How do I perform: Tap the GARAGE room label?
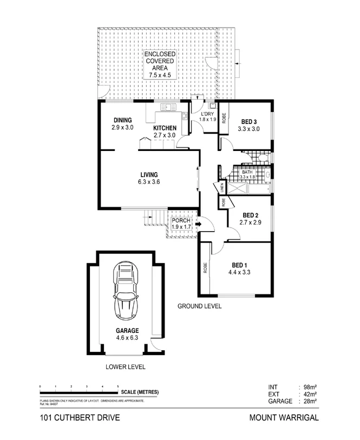[x=127, y=331]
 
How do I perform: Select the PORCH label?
[x=181, y=220]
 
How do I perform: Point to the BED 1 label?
[x=240, y=265]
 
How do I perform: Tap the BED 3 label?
[x=248, y=121]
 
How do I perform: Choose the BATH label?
[x=247, y=172]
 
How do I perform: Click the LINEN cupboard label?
[x=222, y=188]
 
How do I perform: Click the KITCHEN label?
[x=165, y=128]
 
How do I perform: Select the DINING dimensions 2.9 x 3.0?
[x=122, y=127]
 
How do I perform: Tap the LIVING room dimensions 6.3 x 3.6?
[x=149, y=182]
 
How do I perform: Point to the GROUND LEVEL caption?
[x=200, y=306]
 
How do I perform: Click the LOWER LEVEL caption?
[x=125, y=366]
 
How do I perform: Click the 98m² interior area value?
[x=310, y=388]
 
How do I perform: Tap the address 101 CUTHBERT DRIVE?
[x=76, y=418]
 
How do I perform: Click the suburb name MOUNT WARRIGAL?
[x=284, y=418]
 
